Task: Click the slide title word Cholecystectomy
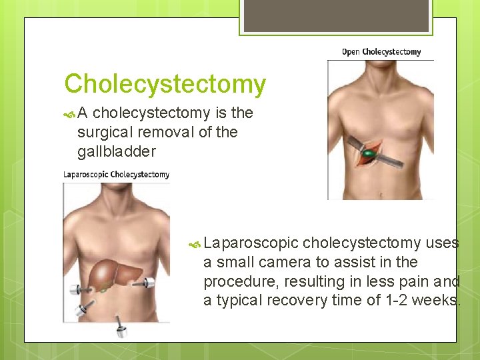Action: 165,85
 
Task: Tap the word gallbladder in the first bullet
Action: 116,151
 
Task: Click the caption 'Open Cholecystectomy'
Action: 381,52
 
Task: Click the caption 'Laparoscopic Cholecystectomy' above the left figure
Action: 116,175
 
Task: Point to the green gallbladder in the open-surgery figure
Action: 367,155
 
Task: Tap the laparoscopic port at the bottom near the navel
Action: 121,326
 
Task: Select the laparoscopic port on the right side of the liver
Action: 147,283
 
